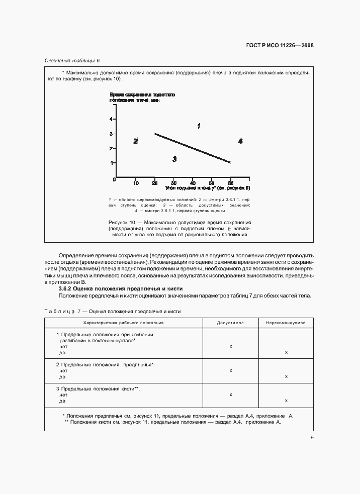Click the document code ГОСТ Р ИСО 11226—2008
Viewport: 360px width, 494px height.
click(x=280, y=45)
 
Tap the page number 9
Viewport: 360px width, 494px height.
click(x=312, y=438)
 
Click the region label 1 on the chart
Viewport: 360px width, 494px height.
click(x=199, y=126)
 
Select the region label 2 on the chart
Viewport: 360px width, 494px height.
click(x=136, y=141)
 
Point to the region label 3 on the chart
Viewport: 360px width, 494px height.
click(x=174, y=159)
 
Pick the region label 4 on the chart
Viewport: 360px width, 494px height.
click(x=240, y=141)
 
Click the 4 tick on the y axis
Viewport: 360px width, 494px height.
click(x=111, y=119)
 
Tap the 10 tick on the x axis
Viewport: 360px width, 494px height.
click(x=136, y=183)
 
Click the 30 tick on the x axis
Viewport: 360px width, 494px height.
click(x=173, y=183)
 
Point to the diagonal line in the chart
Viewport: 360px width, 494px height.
click(x=193, y=148)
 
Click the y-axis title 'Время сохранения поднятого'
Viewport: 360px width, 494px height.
click(x=142, y=95)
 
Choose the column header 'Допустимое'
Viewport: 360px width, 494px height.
click(x=230, y=323)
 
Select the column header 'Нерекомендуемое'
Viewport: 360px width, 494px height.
click(x=286, y=323)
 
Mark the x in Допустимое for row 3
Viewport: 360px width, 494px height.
click(x=230, y=394)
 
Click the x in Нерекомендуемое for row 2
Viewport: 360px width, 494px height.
click(x=286, y=376)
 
